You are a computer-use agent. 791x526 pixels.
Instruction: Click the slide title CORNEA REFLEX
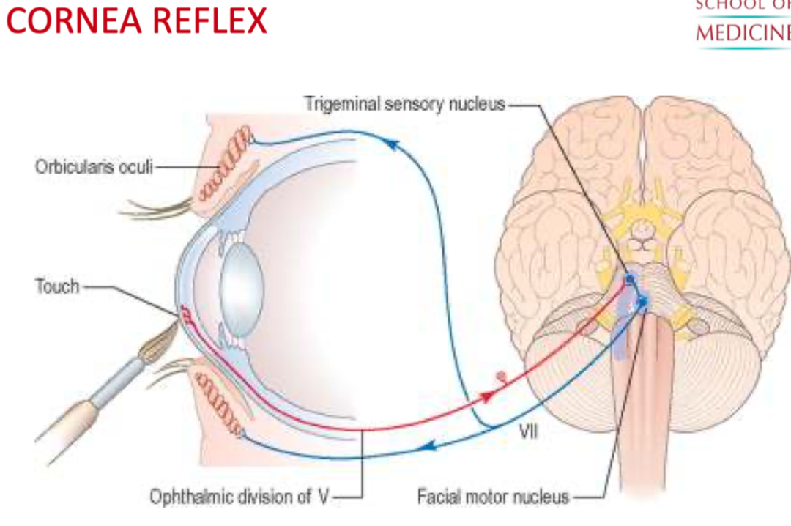click(137, 20)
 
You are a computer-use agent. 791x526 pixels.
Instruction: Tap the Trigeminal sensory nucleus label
click(405, 104)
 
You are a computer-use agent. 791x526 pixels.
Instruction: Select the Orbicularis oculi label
click(94, 167)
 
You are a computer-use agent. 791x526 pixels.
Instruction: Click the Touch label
click(57, 286)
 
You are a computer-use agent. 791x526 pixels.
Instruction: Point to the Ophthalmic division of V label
click(241, 497)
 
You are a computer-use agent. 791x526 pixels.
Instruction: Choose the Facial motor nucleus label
click(493, 497)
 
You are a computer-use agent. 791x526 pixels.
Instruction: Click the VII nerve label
click(528, 431)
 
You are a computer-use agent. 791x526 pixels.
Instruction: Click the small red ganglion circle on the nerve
click(502, 378)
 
